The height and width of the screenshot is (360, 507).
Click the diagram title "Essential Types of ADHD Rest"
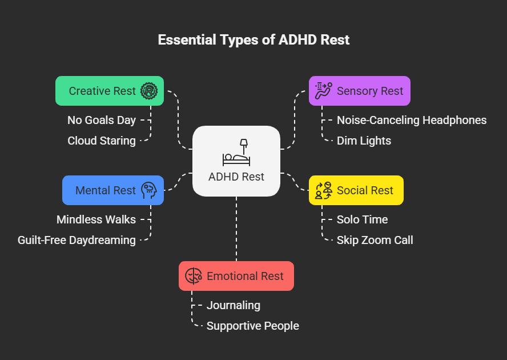click(x=253, y=40)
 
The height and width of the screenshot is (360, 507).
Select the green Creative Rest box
click(x=110, y=91)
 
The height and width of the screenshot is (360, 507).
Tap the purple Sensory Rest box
click(x=359, y=91)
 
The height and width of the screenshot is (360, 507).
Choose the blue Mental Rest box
click(x=113, y=190)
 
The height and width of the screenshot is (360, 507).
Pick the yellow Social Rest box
click(x=356, y=190)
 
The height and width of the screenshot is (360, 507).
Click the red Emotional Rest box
click(x=236, y=276)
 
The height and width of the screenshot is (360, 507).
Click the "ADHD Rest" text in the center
click(x=236, y=177)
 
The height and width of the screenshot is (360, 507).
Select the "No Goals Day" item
click(x=102, y=120)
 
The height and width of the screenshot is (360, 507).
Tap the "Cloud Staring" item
click(x=102, y=141)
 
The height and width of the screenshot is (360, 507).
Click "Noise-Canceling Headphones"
click(x=411, y=120)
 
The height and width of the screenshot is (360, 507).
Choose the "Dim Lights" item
click(x=364, y=141)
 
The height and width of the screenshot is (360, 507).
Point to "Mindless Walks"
click(x=96, y=219)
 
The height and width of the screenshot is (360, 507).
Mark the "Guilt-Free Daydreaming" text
click(x=77, y=240)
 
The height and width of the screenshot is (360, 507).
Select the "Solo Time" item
click(x=362, y=219)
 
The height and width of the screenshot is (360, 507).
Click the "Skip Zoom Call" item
click(x=375, y=240)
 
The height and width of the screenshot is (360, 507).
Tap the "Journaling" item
click(x=233, y=305)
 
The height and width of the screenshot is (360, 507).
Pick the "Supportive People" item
click(x=252, y=326)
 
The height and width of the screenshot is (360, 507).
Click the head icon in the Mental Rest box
click(x=149, y=190)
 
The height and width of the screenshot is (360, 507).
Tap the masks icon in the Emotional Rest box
click(x=193, y=276)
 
